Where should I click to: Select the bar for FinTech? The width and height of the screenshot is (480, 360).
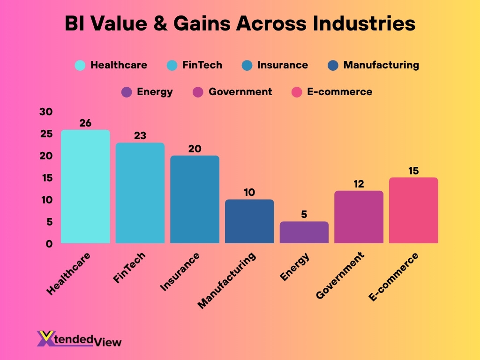coord(140,193)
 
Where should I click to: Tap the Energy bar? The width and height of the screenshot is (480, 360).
coord(304,232)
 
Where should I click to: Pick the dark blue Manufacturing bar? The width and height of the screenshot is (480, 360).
coord(249,221)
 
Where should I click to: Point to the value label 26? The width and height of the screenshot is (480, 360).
coord(85,123)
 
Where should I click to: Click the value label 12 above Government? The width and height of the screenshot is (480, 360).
coord(359,184)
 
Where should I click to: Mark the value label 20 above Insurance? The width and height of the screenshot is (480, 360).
coord(195,149)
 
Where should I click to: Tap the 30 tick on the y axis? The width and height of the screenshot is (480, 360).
coord(46,112)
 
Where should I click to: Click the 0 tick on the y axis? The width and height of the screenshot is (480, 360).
coord(49,244)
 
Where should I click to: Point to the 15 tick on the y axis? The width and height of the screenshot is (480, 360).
coord(46,178)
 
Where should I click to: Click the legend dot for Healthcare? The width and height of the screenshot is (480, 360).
coord(80,65)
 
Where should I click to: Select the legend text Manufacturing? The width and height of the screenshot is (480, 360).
coord(381,65)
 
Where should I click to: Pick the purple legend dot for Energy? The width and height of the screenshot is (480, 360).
coord(127,92)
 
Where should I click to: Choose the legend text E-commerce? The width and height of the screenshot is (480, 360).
coord(339,92)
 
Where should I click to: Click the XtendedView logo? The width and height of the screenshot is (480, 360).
coord(79,339)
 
